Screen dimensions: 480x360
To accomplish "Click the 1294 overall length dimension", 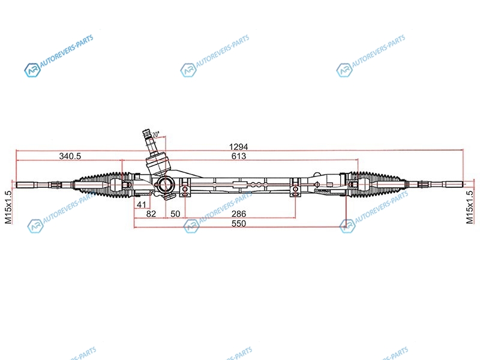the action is point(238,146).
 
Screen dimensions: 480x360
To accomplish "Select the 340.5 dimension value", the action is point(70,156).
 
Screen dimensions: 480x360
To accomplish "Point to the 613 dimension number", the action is point(239,156).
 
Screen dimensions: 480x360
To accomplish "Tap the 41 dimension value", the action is point(142,204).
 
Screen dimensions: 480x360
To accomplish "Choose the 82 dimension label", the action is point(151,214).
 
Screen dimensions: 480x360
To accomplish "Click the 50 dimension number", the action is point(175,214).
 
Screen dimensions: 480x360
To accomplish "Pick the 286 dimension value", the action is point(239,214).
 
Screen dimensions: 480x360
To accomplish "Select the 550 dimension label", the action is point(239,223).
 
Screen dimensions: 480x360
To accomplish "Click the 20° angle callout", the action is point(156,134).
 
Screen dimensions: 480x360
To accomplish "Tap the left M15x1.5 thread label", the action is point(8,207).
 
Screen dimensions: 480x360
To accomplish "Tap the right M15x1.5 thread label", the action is point(470,207).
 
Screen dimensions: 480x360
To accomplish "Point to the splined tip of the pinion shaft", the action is point(146,133).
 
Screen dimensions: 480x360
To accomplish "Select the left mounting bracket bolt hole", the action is point(185,190).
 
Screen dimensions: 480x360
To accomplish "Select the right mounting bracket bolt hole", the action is point(295,190).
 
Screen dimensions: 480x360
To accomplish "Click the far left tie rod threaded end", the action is point(25,185).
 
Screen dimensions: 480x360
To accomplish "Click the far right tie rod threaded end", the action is point(454,184).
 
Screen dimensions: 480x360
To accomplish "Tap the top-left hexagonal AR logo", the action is point(32,70).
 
